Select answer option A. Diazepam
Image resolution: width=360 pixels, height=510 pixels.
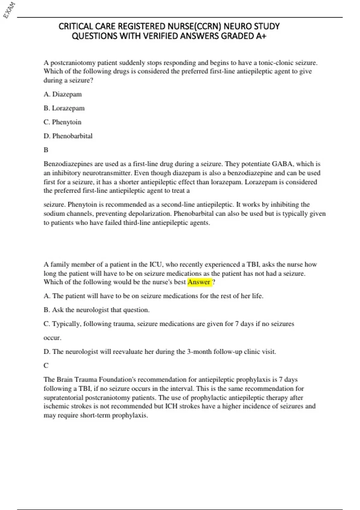pos(62,94)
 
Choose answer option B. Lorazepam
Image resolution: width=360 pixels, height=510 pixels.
pos(64,108)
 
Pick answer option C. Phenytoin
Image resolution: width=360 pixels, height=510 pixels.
pos(62,122)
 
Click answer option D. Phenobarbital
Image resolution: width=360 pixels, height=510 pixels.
pos(68,136)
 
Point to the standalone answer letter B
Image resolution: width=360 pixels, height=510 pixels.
pos(46,150)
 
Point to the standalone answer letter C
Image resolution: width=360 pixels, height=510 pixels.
pos(46,365)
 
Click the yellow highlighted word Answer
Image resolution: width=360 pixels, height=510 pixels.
pos(199,282)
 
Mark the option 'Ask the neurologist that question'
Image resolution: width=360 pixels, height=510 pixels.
pos(96,310)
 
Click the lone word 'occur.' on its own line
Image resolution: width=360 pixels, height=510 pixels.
pos(52,338)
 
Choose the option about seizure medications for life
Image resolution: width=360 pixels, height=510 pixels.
pos(153,296)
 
